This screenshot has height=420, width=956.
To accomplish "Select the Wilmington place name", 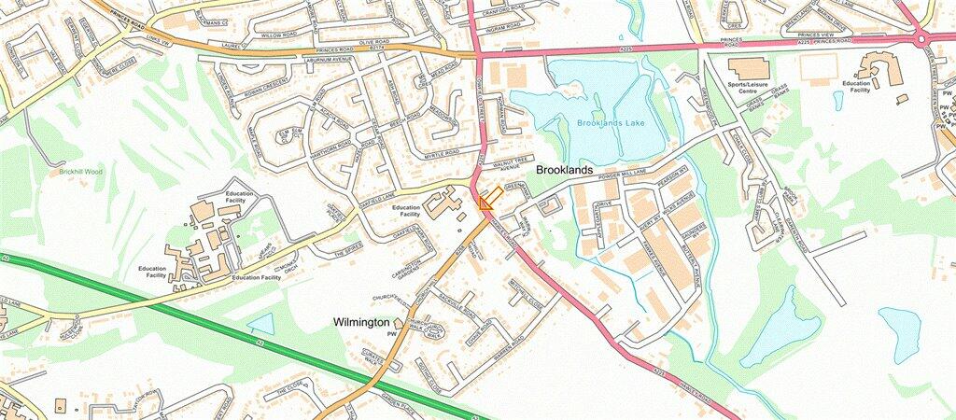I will tap(361, 322).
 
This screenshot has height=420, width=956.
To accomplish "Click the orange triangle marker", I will tap(485, 203).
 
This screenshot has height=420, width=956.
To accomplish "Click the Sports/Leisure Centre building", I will tap(749, 68).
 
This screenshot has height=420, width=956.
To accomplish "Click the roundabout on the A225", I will tap(921, 37).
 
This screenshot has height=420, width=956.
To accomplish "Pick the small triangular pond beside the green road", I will tap(261, 324).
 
